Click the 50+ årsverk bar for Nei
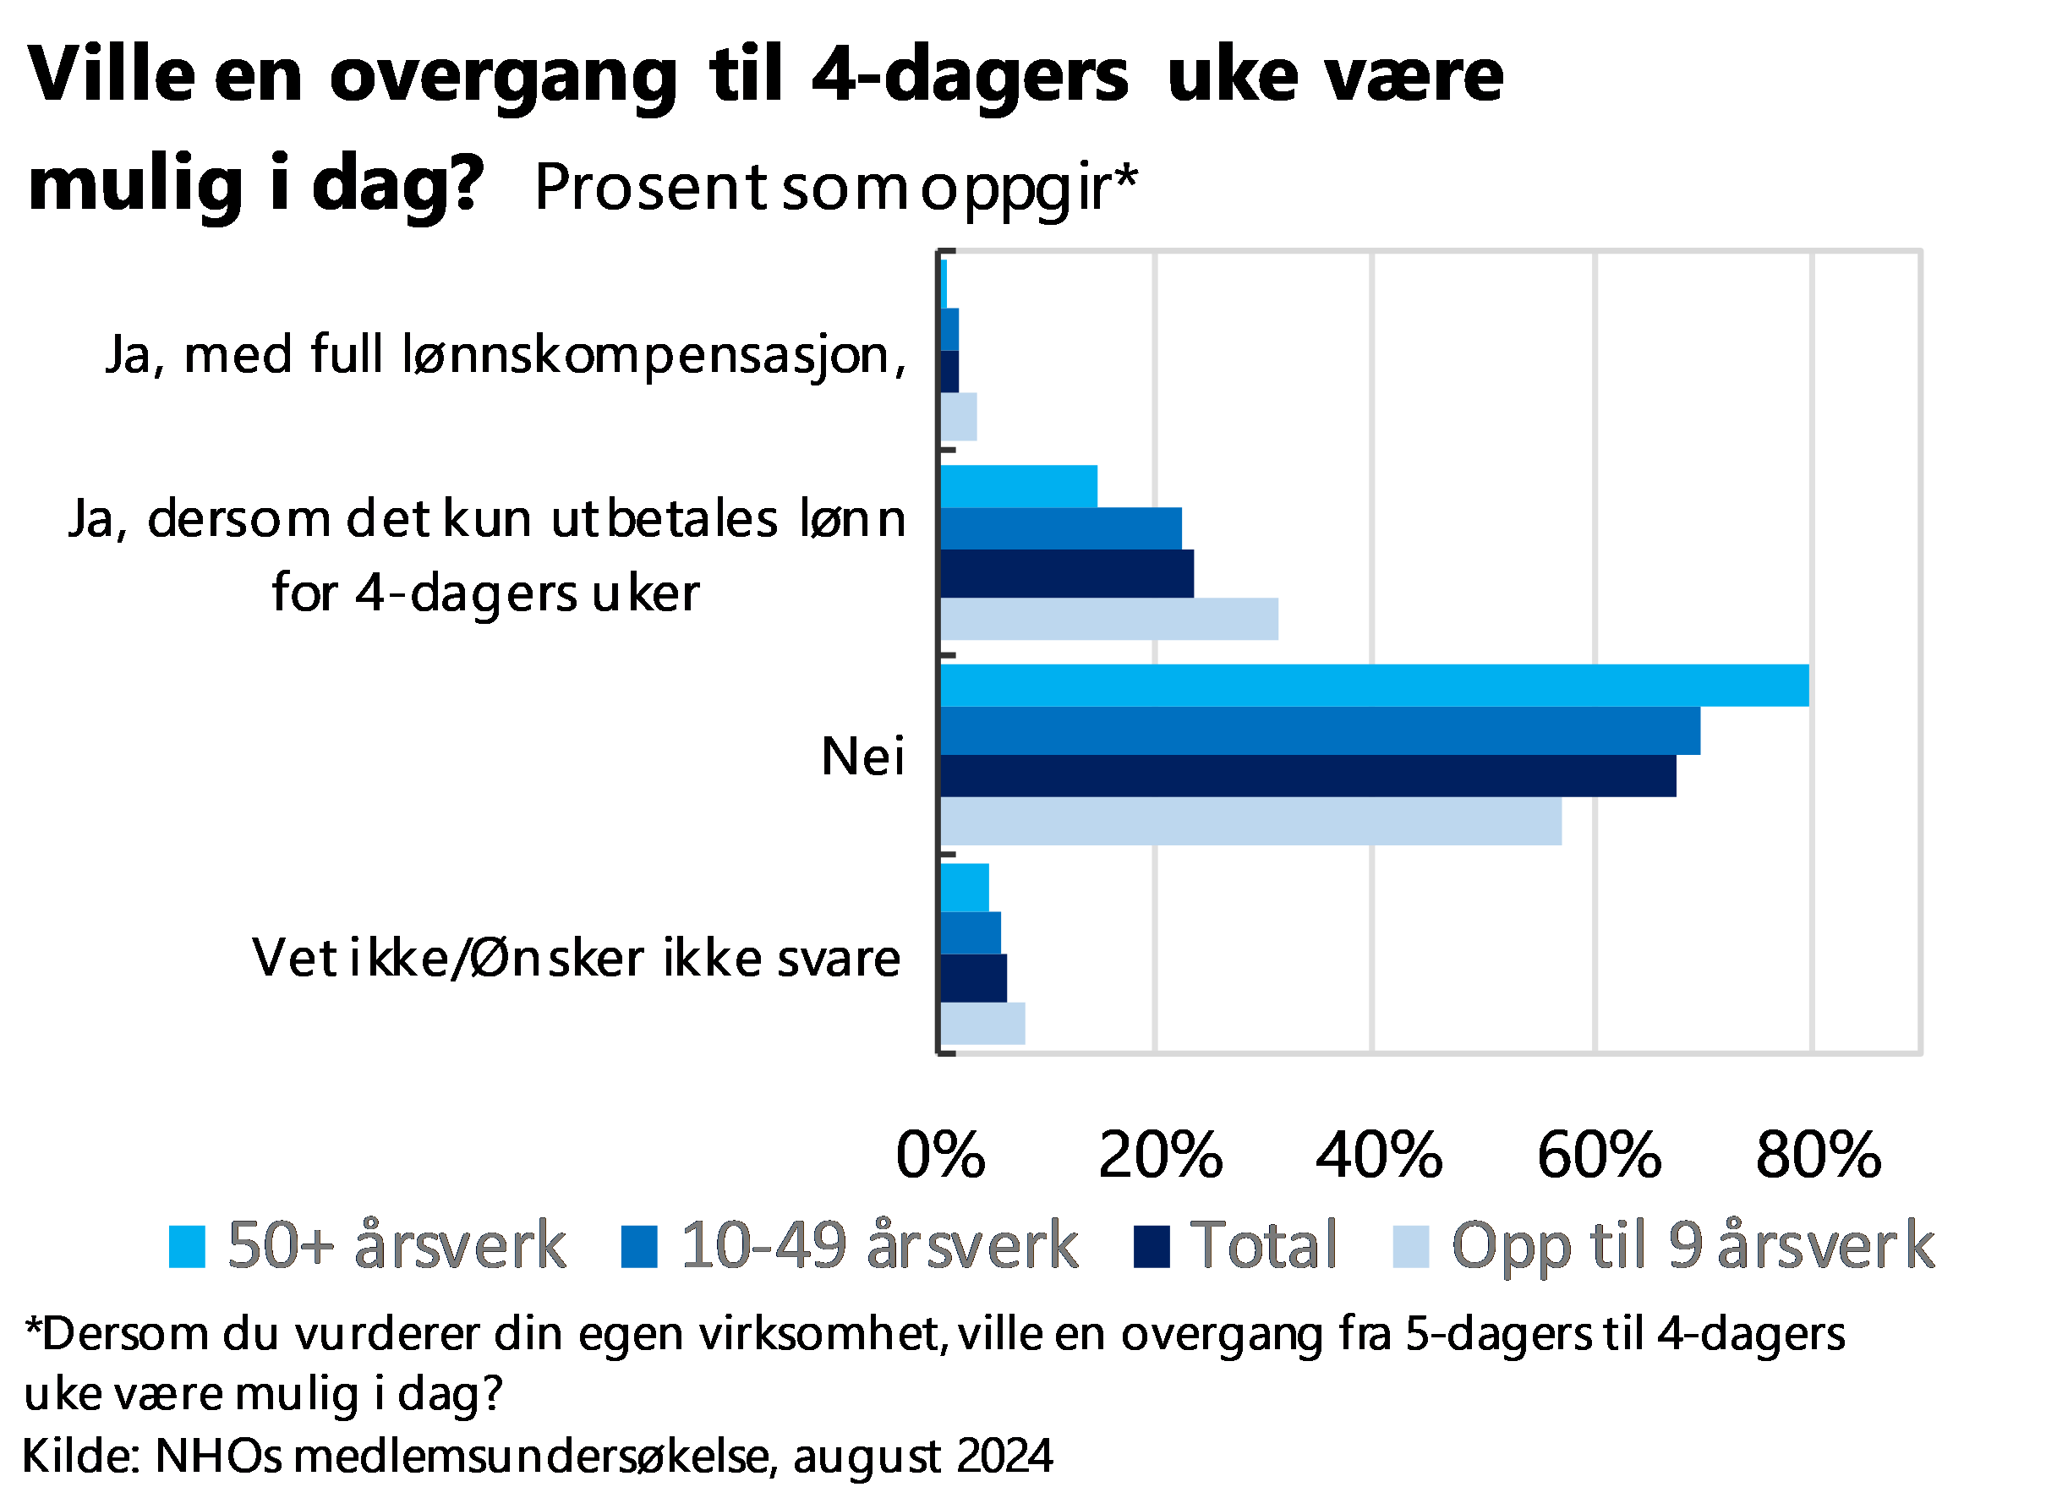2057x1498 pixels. tap(1374, 686)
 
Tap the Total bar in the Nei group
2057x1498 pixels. tap(1308, 776)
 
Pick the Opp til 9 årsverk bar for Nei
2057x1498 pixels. tap(1250, 822)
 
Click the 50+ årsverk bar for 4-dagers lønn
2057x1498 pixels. tap(1019, 486)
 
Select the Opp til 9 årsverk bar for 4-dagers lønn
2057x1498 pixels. tap(1109, 620)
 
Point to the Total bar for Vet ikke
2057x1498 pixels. tap(973, 978)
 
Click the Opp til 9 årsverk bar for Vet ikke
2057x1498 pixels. tap(982, 1024)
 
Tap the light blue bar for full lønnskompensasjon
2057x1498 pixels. tap(959, 417)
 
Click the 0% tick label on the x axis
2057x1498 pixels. tap(940, 1156)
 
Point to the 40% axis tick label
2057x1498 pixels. tap(1379, 1156)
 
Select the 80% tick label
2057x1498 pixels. tap(1819, 1156)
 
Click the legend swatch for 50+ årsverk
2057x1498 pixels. tap(188, 1247)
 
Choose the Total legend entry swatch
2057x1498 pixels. tap(1152, 1247)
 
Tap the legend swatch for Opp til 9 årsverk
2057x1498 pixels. tap(1411, 1247)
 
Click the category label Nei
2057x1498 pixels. tap(862, 757)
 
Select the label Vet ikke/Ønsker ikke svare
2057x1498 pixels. tap(576, 959)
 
